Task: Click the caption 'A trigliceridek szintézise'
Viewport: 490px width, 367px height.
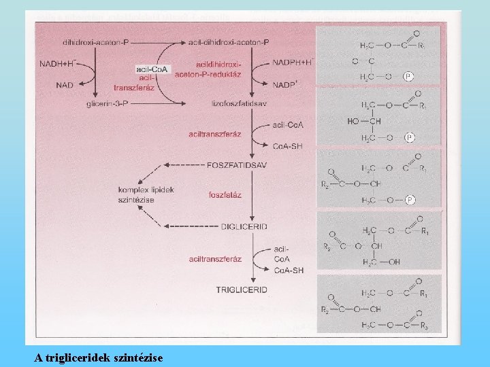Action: click(x=99, y=356)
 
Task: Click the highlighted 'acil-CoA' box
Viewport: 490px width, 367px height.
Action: click(x=153, y=69)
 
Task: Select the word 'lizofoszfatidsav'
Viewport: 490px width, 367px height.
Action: click(x=235, y=104)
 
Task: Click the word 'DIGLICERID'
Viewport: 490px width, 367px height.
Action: click(x=244, y=226)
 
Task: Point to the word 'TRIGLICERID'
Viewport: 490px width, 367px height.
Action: click(x=242, y=290)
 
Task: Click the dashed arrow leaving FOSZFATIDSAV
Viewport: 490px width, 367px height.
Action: click(x=183, y=165)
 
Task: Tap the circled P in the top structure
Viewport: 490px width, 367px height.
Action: click(x=408, y=77)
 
